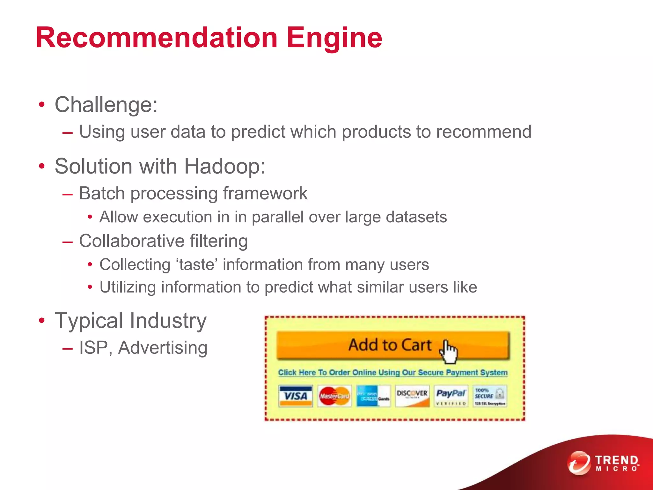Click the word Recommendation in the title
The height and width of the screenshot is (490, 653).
point(156,38)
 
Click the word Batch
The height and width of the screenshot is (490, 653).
point(102,193)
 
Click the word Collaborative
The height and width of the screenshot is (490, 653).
point(132,241)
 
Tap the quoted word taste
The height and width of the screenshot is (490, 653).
point(197,265)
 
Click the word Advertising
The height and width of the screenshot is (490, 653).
point(163,348)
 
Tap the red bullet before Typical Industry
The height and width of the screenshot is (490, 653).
point(42,321)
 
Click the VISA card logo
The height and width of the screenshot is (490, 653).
point(296,396)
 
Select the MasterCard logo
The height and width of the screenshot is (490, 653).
point(334,396)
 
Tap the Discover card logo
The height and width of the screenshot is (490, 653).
point(412,396)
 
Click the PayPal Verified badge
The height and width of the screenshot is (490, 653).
point(451,396)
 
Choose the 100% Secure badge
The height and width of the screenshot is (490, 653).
point(490,396)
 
